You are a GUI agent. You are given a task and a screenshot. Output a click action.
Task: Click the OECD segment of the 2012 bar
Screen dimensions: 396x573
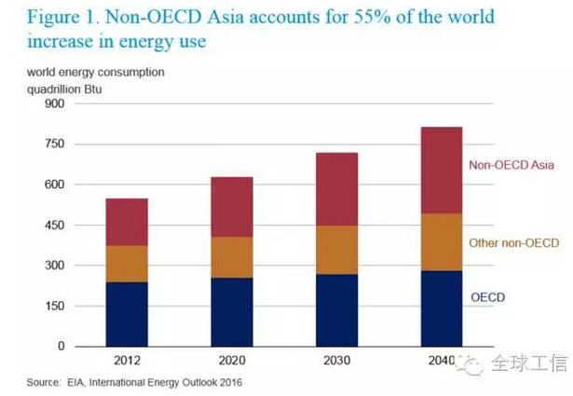[x=127, y=314]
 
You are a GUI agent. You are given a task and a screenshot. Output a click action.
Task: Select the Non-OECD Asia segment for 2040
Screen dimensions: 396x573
[x=441, y=171]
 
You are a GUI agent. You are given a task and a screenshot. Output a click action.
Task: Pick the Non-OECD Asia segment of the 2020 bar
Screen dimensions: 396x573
[x=231, y=207]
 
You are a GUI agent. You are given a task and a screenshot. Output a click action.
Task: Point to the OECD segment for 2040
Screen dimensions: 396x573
[x=441, y=308]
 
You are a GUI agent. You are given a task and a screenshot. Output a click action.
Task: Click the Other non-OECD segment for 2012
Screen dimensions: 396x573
[x=127, y=264]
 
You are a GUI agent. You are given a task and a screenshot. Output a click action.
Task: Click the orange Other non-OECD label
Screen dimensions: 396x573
[x=514, y=243]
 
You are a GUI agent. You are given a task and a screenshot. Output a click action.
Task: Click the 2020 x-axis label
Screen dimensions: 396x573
[x=231, y=362]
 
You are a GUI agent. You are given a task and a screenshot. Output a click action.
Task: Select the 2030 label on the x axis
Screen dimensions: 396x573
[x=335, y=362]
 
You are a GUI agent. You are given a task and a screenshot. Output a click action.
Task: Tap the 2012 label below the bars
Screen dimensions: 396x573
[x=127, y=362]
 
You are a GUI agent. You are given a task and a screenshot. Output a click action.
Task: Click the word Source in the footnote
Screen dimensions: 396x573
[x=44, y=383]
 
